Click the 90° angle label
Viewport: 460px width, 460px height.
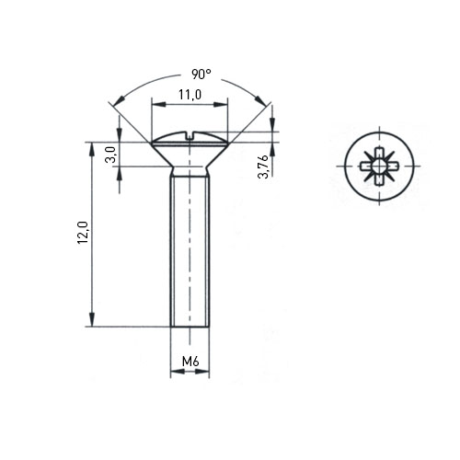(x=201, y=75)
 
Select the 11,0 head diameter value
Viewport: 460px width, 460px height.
(x=190, y=95)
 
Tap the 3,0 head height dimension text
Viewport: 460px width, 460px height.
(x=110, y=155)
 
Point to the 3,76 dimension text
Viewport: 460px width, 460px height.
(x=263, y=167)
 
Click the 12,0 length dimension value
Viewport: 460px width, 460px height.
(x=83, y=233)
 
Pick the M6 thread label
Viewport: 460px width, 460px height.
(x=190, y=362)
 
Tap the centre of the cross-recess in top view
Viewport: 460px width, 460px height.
(x=379, y=167)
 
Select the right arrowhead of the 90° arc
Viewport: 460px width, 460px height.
(x=260, y=100)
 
